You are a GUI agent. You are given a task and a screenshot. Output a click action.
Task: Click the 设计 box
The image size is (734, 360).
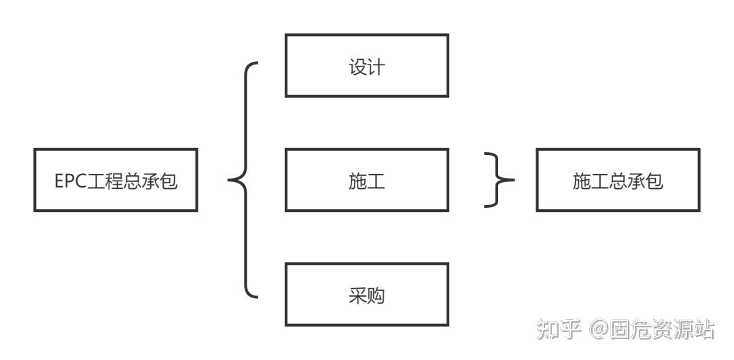point(366,65)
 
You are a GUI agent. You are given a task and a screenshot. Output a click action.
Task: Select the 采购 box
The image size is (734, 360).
point(366,294)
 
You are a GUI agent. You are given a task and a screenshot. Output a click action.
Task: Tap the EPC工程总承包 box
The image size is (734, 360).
point(116,180)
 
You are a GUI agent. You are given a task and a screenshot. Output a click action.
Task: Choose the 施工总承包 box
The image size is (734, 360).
point(618,180)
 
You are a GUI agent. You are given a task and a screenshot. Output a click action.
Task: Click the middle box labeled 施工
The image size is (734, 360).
point(366,180)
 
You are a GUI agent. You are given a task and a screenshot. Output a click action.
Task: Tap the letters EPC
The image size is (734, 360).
point(68,181)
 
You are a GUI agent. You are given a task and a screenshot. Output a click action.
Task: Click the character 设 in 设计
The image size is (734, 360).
point(357,67)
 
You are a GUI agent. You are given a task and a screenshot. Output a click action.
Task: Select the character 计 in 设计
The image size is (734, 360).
point(376,67)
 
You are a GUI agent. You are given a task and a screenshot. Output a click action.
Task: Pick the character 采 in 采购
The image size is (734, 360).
point(357,296)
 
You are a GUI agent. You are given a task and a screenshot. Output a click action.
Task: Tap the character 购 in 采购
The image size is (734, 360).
point(376,296)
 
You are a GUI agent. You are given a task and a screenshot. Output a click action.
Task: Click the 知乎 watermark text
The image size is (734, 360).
point(558,330)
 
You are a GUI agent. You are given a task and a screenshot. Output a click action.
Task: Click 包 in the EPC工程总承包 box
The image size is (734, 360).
point(169,181)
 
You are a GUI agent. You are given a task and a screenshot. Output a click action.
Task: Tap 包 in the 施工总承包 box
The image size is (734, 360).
point(654,181)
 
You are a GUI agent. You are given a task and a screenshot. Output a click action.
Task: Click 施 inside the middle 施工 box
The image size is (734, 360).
point(357,181)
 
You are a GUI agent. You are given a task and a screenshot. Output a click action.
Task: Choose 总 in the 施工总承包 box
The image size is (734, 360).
point(618,181)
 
